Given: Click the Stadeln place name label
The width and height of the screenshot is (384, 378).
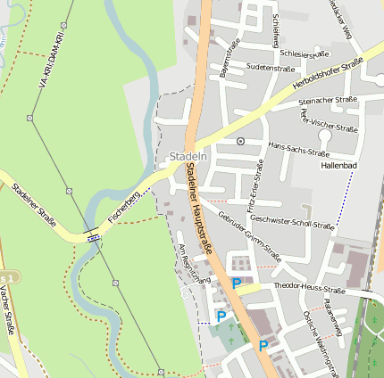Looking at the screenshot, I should (188, 157).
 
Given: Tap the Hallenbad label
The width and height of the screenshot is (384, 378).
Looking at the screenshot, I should (338, 166).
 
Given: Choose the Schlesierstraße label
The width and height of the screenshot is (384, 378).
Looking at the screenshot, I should (305, 53).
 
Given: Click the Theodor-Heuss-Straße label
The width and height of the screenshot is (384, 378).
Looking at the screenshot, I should (309, 288).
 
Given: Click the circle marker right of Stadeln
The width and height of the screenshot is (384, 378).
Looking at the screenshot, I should (239, 141).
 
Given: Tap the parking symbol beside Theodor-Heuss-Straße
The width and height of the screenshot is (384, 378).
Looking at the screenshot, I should (237, 283).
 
